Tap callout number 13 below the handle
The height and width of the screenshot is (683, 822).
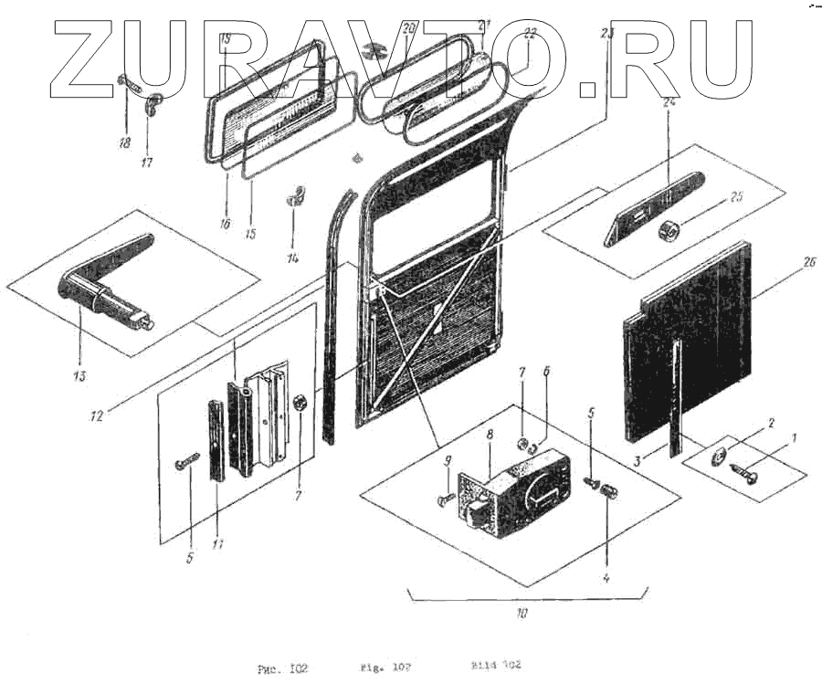click(x=79, y=375)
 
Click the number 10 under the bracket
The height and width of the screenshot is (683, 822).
click(x=522, y=612)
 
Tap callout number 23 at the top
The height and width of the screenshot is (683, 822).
click(x=607, y=35)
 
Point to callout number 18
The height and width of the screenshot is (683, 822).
click(x=124, y=142)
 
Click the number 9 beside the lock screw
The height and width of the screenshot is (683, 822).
click(x=448, y=462)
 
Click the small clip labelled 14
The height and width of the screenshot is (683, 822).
click(x=295, y=194)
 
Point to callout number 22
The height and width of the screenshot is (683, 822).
click(x=530, y=35)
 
